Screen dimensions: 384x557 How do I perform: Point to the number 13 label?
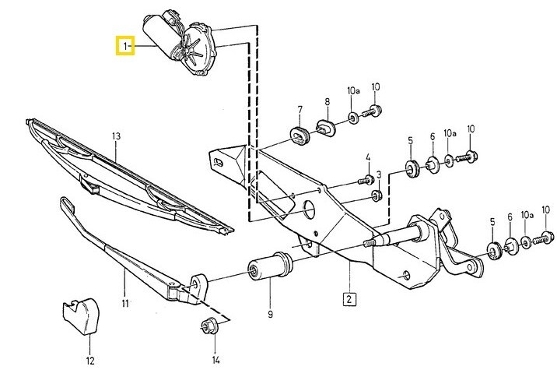tap(117, 137)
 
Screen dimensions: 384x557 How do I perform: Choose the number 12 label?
tap(89, 361)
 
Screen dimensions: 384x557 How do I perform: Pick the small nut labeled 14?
tap(208, 326)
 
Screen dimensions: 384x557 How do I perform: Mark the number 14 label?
tap(216, 360)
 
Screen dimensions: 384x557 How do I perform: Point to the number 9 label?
tap(270, 315)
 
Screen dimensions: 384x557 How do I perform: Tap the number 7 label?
tap(299, 108)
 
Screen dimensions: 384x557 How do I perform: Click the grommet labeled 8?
tap(326, 126)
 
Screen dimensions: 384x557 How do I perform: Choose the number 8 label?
tap(328, 102)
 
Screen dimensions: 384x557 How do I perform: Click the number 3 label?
tap(379, 174)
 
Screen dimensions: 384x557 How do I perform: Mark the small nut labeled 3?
tap(374, 194)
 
